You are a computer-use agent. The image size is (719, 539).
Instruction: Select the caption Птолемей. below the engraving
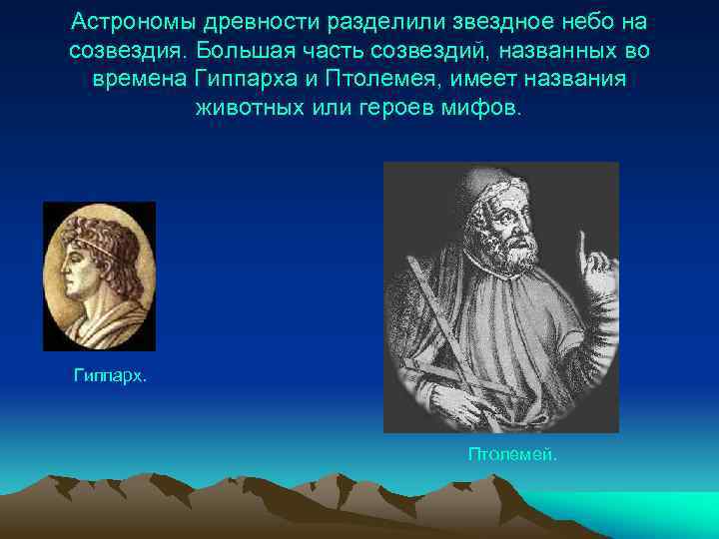513,454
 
